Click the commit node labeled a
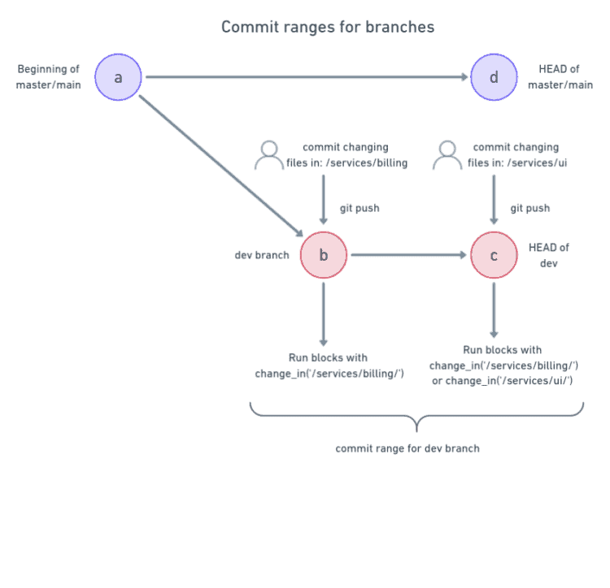point(119,78)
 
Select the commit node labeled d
point(494,78)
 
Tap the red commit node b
point(324,255)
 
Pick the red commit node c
point(494,255)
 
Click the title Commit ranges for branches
point(328,28)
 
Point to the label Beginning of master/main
point(48,77)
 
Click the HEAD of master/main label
point(560,77)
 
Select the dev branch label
point(261,255)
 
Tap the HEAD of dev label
point(549,255)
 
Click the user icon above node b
point(269,155)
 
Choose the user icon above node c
point(447,155)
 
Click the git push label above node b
point(359,209)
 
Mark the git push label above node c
point(530,209)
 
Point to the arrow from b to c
point(408,255)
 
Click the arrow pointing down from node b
point(324,313)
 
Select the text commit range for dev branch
point(407,448)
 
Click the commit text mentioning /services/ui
point(516,155)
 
